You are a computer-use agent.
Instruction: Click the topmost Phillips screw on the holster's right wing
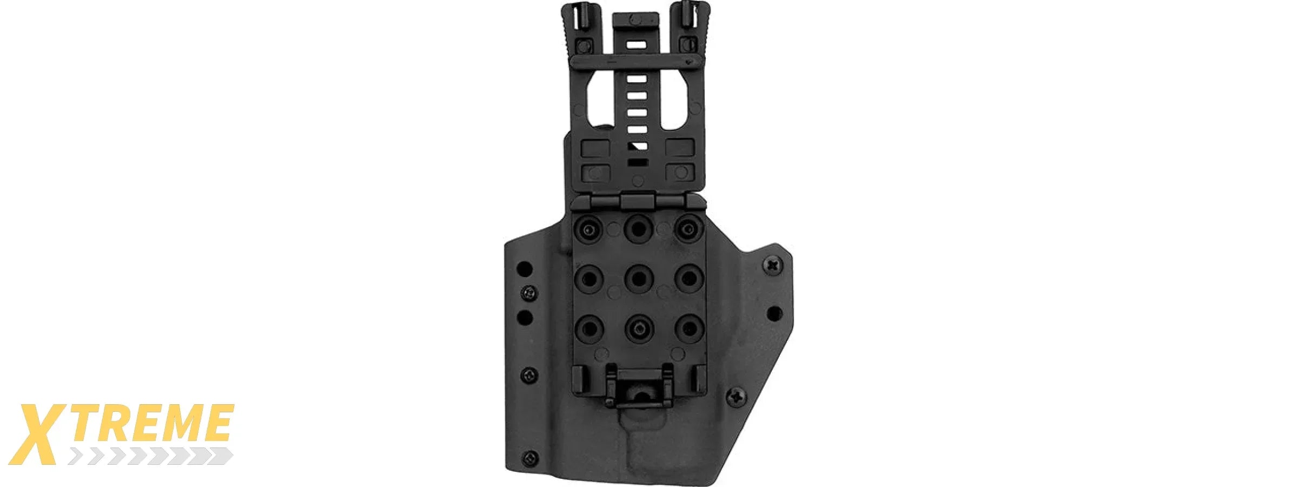[773, 265]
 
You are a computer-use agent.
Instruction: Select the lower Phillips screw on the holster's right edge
[736, 397]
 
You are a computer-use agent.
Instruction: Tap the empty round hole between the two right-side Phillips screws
[774, 313]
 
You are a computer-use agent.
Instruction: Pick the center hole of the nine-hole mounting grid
[639, 279]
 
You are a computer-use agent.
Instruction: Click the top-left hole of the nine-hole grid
[588, 229]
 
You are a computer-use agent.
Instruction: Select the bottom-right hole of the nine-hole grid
[689, 328]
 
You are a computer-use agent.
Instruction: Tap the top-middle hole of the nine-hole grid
[639, 228]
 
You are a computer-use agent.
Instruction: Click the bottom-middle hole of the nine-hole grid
[639, 328]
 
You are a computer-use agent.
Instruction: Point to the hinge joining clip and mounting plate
[639, 202]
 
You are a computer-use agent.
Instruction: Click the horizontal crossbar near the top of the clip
[633, 61]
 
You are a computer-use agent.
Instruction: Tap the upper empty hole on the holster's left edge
[525, 268]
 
